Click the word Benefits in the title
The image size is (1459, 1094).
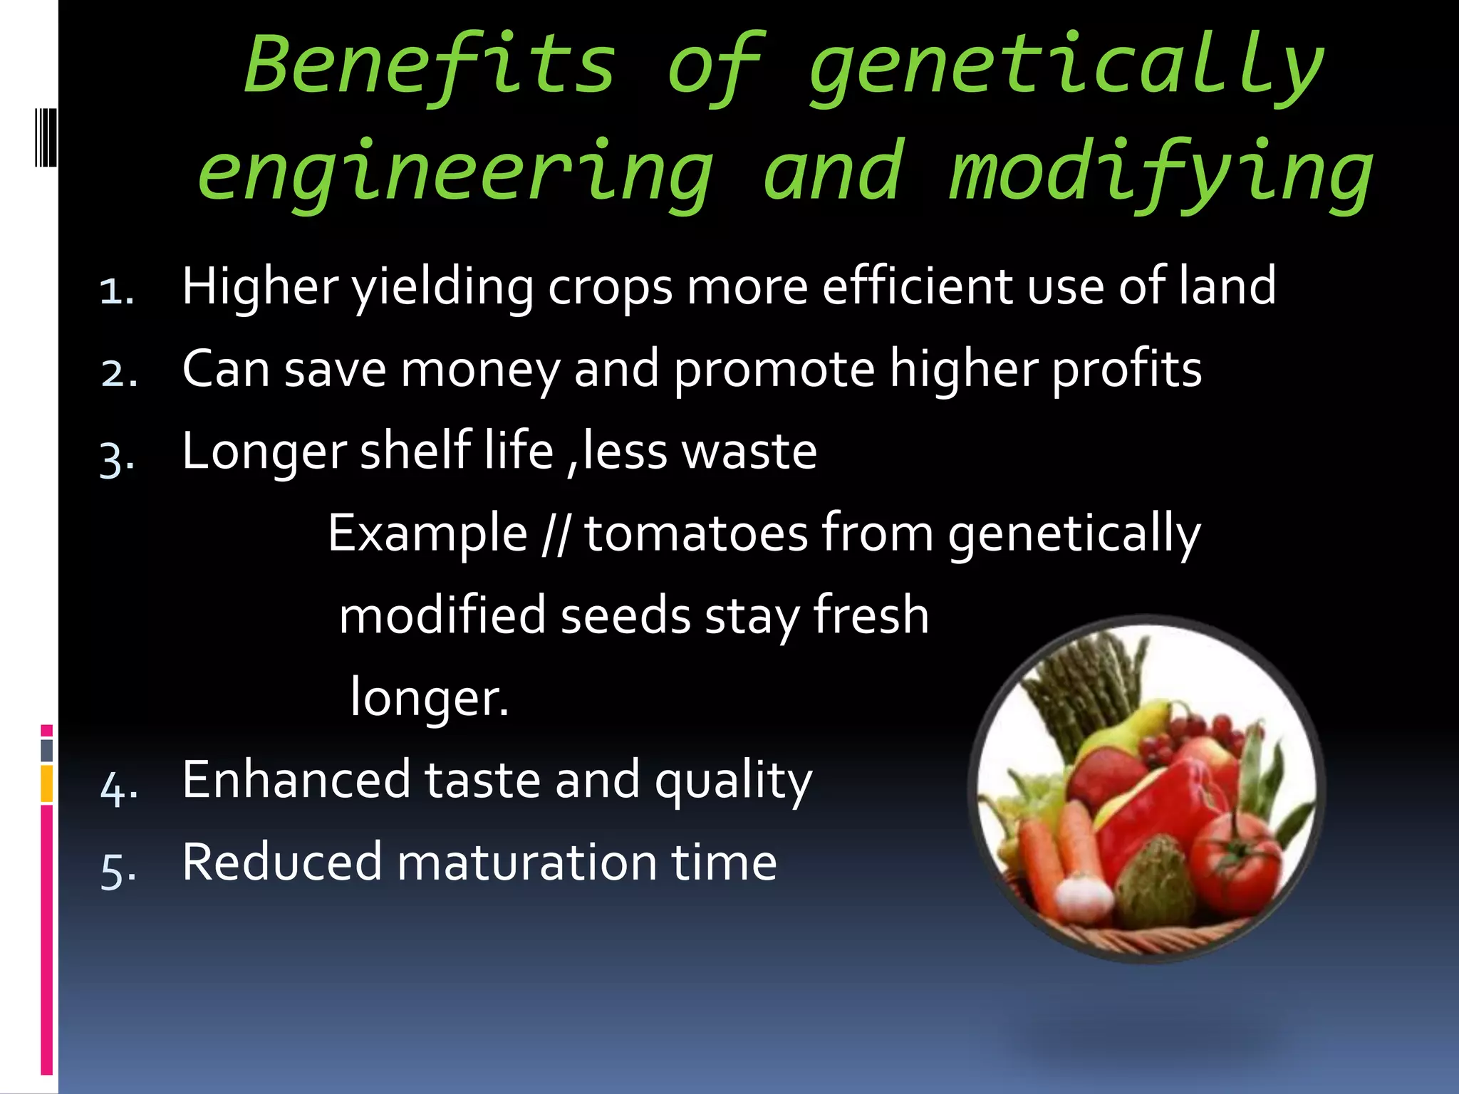coord(430,66)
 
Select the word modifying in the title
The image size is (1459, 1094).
coord(1161,173)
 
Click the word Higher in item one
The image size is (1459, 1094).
coord(260,286)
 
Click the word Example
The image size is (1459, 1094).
coord(427,534)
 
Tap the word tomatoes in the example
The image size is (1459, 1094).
coord(696,534)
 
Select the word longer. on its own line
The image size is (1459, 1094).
coord(430,698)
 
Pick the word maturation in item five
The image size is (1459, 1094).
coord(526,862)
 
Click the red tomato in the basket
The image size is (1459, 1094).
coord(1236,865)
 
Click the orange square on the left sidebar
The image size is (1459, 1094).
coord(46,783)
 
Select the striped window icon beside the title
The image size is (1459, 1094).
coord(46,137)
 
